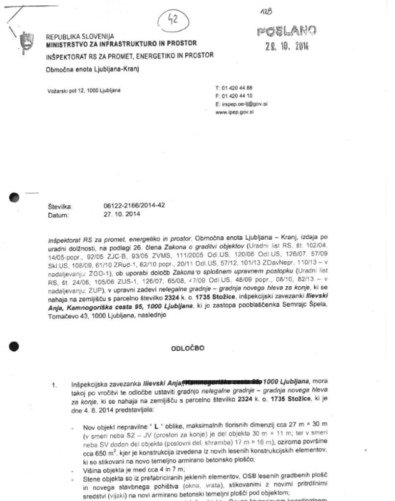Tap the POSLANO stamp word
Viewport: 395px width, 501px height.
pyautogui.click(x=286, y=32)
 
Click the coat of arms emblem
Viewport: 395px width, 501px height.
pyautogui.click(x=26, y=42)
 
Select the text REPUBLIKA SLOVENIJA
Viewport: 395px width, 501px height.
pyautogui.click(x=80, y=37)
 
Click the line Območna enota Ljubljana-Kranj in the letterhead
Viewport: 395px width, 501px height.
pyautogui.click(x=93, y=69)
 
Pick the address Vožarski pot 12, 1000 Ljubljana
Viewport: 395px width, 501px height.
pyautogui.click(x=84, y=91)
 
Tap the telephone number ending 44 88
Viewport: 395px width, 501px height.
pyautogui.click(x=234, y=88)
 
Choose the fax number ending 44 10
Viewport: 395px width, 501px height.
pyautogui.click(x=234, y=96)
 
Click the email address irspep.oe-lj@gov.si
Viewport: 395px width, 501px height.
pyautogui.click(x=241, y=104)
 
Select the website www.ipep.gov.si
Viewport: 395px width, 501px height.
pyautogui.click(x=234, y=112)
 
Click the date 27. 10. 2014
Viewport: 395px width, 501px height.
pyautogui.click(x=122, y=214)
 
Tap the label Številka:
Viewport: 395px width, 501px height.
pyautogui.click(x=60, y=206)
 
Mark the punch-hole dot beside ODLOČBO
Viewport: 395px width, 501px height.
pyautogui.click(x=14, y=346)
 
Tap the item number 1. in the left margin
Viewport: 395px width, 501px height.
pyautogui.click(x=54, y=385)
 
